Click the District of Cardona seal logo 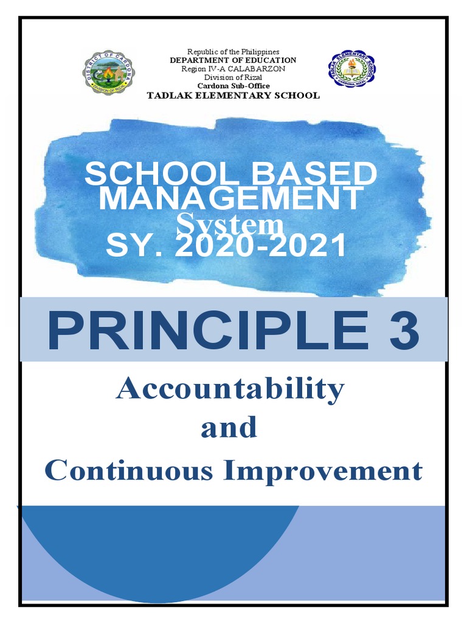(x=109, y=72)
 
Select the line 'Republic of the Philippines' (x=233, y=52)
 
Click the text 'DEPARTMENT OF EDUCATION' (x=233, y=60)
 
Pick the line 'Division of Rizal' (x=233, y=77)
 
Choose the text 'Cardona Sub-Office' (x=233, y=86)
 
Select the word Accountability (x=230, y=389)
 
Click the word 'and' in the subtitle (x=229, y=428)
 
